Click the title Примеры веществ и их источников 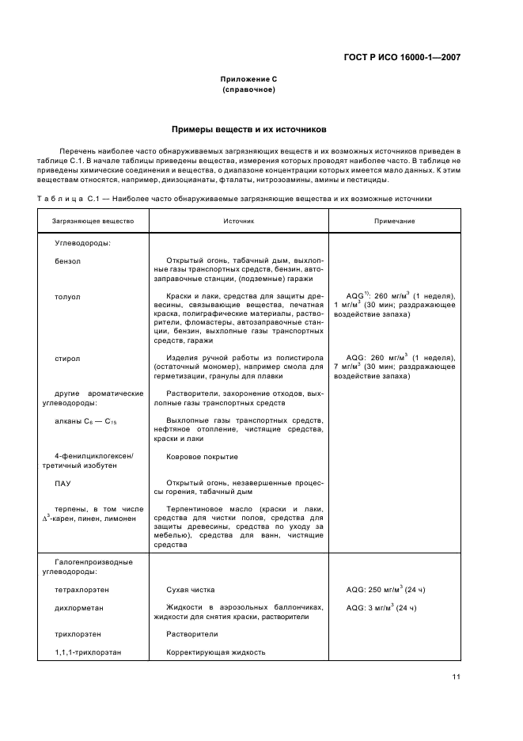click(249, 128)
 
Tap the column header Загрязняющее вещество click(93, 222)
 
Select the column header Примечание click(394, 222)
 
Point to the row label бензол click(68, 260)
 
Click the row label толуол click(67, 296)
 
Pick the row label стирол click(67, 358)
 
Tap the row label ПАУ click(63, 482)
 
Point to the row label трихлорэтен click(78, 634)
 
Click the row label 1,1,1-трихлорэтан click(86, 652)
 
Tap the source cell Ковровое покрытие click(202, 457)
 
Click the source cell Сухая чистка click(190, 590)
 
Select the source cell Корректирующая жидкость click(215, 652)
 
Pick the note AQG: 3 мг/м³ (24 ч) click(381, 607)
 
